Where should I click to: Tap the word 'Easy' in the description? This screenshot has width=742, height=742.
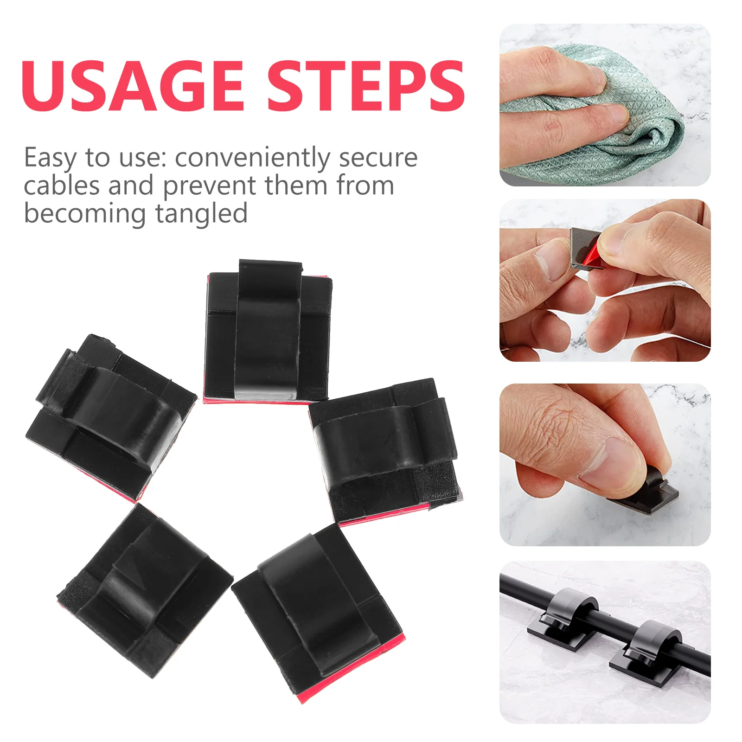tap(50, 158)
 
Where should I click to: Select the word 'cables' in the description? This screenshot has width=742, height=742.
tap(62, 185)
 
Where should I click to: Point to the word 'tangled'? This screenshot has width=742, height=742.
tap(201, 214)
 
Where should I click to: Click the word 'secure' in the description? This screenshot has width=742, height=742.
tap(378, 158)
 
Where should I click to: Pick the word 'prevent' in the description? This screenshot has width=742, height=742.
tap(210, 186)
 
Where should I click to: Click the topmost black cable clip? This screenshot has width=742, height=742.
tap(268, 332)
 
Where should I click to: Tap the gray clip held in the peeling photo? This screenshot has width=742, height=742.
tap(580, 243)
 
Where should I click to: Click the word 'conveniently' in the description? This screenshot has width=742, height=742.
tap(253, 158)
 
